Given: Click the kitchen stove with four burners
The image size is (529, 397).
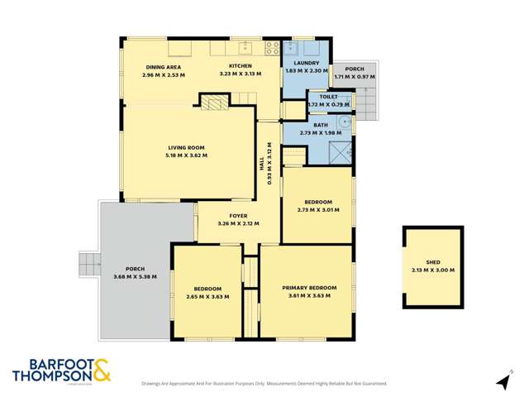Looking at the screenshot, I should tap(269, 48).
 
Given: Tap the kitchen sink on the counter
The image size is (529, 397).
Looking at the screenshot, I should tap(244, 48).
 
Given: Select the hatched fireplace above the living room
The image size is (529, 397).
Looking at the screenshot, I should tap(214, 102).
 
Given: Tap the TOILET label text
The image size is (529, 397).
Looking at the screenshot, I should tap(323, 97).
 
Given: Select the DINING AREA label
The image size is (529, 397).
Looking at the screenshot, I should tap(163, 67).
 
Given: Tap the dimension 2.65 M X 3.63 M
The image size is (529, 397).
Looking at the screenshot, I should tap(207, 296).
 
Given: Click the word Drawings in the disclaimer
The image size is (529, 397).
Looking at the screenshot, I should tap(152, 383).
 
